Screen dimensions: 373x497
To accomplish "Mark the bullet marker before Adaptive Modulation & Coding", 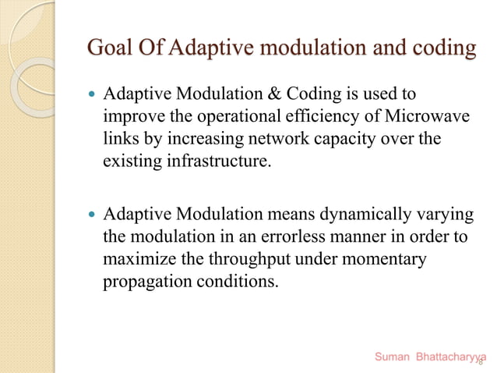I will pyautogui.click(x=91, y=96).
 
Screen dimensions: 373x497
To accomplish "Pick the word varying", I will pyautogui.click(x=432, y=214).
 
